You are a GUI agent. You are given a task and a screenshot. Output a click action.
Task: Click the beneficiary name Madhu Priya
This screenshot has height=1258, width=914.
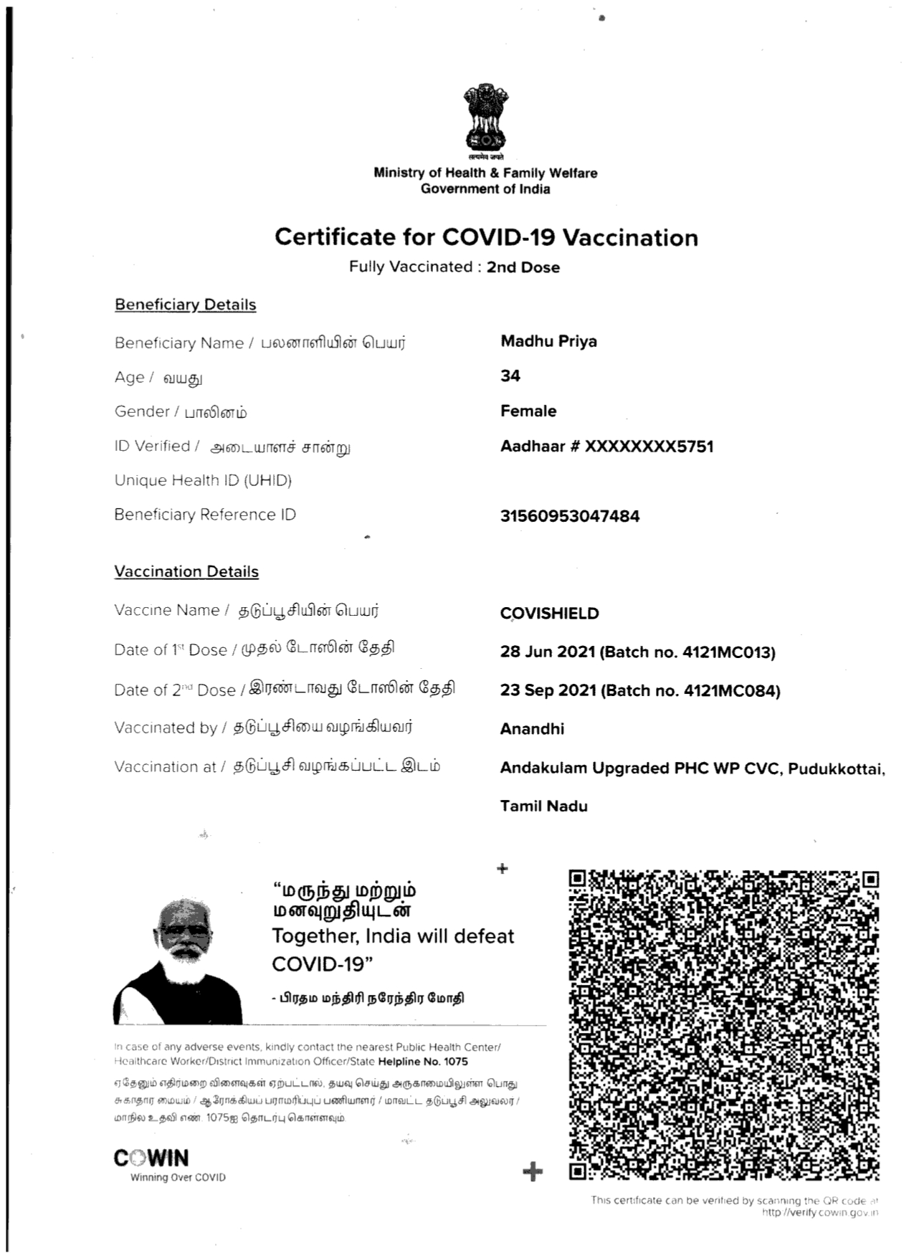pos(548,341)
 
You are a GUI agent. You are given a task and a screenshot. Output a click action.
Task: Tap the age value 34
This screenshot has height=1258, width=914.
pos(510,376)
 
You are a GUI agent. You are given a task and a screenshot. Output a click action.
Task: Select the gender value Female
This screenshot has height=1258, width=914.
pos(528,411)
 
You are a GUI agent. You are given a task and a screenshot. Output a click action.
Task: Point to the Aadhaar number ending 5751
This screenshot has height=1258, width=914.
pos(606,447)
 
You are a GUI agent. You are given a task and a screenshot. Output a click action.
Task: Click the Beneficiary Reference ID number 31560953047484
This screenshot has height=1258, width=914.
pos(569,516)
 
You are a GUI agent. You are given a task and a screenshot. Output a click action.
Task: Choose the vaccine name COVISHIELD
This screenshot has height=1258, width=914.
pos(549,614)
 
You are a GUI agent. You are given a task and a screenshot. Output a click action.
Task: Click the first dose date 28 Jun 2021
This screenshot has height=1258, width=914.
pos(548,652)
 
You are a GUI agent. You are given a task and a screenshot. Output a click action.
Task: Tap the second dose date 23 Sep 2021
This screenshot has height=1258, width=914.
pos(548,691)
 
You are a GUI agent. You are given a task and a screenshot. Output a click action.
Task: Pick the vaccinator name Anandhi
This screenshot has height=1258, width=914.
pos(532,729)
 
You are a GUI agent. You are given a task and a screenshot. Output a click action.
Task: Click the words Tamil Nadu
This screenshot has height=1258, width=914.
pos(543,806)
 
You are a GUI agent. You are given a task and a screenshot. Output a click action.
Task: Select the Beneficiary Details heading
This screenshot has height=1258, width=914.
pos(185,305)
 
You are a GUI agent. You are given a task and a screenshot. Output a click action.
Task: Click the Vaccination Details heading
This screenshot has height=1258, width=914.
pos(186,572)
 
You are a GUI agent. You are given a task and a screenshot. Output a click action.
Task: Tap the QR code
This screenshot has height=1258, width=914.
pos(723,1025)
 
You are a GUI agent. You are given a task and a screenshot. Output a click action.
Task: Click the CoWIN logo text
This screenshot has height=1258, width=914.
pos(151,1158)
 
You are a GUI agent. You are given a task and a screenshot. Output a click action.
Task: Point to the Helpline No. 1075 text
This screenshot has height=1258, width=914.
pos(423,1062)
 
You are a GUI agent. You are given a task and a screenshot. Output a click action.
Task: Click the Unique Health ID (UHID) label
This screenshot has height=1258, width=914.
pos(203,480)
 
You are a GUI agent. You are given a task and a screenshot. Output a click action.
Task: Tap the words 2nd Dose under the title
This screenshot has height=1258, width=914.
pos(523,267)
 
